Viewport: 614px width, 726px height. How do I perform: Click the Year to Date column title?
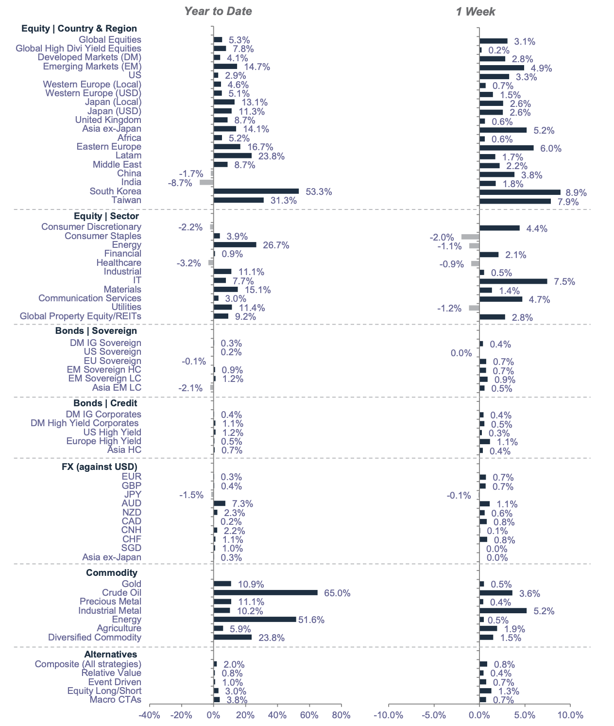(x=218, y=11)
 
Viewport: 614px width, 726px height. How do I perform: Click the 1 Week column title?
(x=475, y=11)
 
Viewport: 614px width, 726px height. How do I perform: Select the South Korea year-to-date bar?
(x=256, y=191)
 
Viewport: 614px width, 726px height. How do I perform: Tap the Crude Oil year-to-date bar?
(x=265, y=592)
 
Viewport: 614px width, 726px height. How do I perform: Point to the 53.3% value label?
(x=319, y=192)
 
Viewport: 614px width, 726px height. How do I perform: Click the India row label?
(x=131, y=182)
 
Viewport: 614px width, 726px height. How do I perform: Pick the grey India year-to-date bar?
(x=206, y=182)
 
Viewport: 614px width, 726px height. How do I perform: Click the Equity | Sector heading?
(x=106, y=216)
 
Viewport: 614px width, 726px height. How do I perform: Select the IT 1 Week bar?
(x=513, y=281)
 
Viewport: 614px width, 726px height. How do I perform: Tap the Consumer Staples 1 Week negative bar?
(x=470, y=237)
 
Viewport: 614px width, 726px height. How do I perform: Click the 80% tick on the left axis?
(x=341, y=715)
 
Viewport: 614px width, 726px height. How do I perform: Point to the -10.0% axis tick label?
(x=389, y=715)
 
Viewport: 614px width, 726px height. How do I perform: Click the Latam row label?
(x=129, y=156)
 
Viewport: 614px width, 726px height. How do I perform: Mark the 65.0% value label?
(x=337, y=593)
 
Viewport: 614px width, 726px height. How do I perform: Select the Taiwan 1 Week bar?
(x=515, y=201)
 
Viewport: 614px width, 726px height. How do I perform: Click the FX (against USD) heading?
(x=100, y=467)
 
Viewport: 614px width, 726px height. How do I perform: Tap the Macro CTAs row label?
(x=116, y=700)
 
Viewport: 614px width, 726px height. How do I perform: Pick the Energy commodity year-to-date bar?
(x=255, y=619)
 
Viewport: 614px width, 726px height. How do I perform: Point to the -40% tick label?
(x=149, y=715)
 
